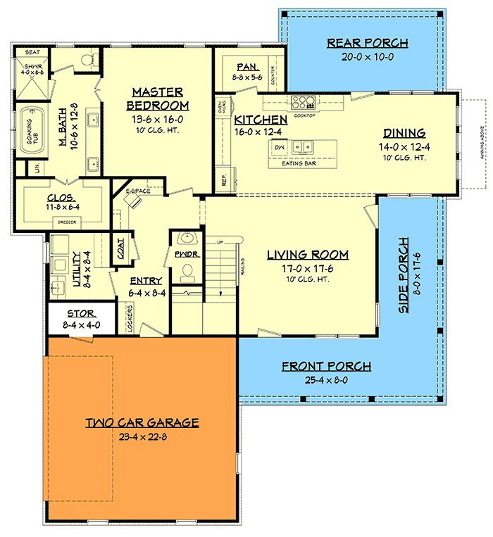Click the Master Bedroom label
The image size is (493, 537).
(x=158, y=99)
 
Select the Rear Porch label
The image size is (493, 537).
(x=367, y=44)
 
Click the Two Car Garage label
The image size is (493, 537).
(x=142, y=422)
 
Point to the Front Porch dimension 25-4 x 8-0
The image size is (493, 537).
(x=326, y=380)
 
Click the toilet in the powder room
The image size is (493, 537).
(x=187, y=270)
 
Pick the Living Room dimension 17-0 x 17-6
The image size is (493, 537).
(x=307, y=267)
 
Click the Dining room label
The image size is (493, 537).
(x=404, y=132)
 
